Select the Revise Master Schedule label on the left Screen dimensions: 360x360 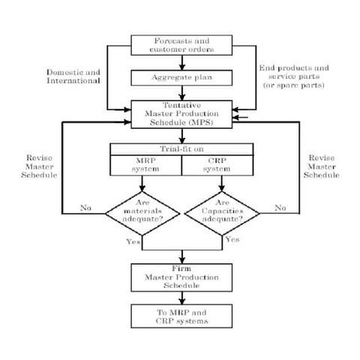(x=38, y=167)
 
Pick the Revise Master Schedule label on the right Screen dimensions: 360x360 (x=323, y=167)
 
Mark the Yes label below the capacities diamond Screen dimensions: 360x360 (x=232, y=239)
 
